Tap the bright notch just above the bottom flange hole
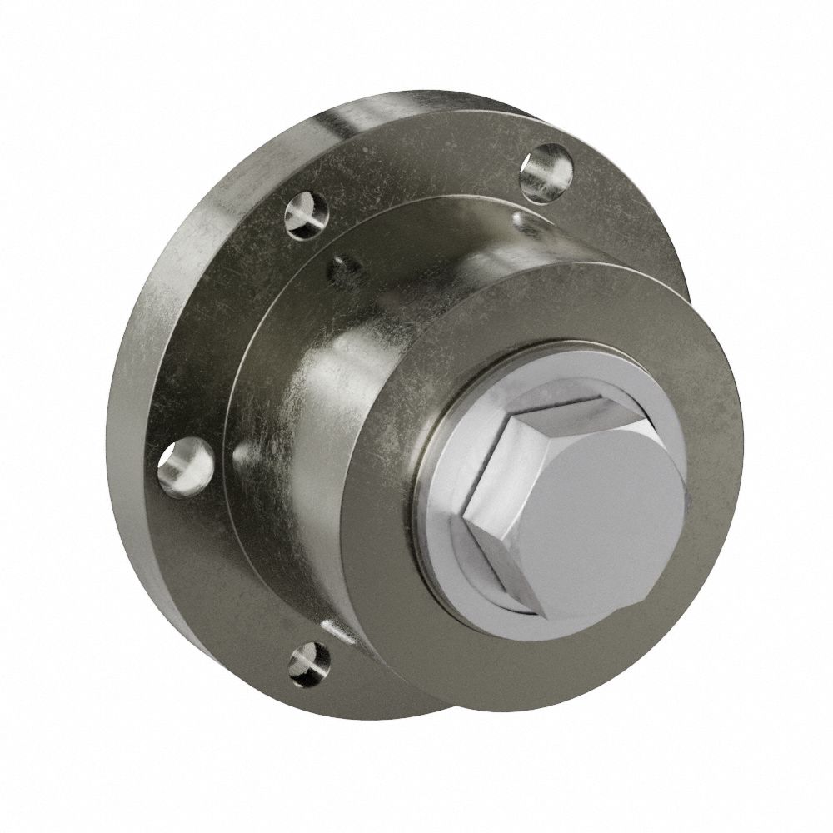[337, 629]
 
